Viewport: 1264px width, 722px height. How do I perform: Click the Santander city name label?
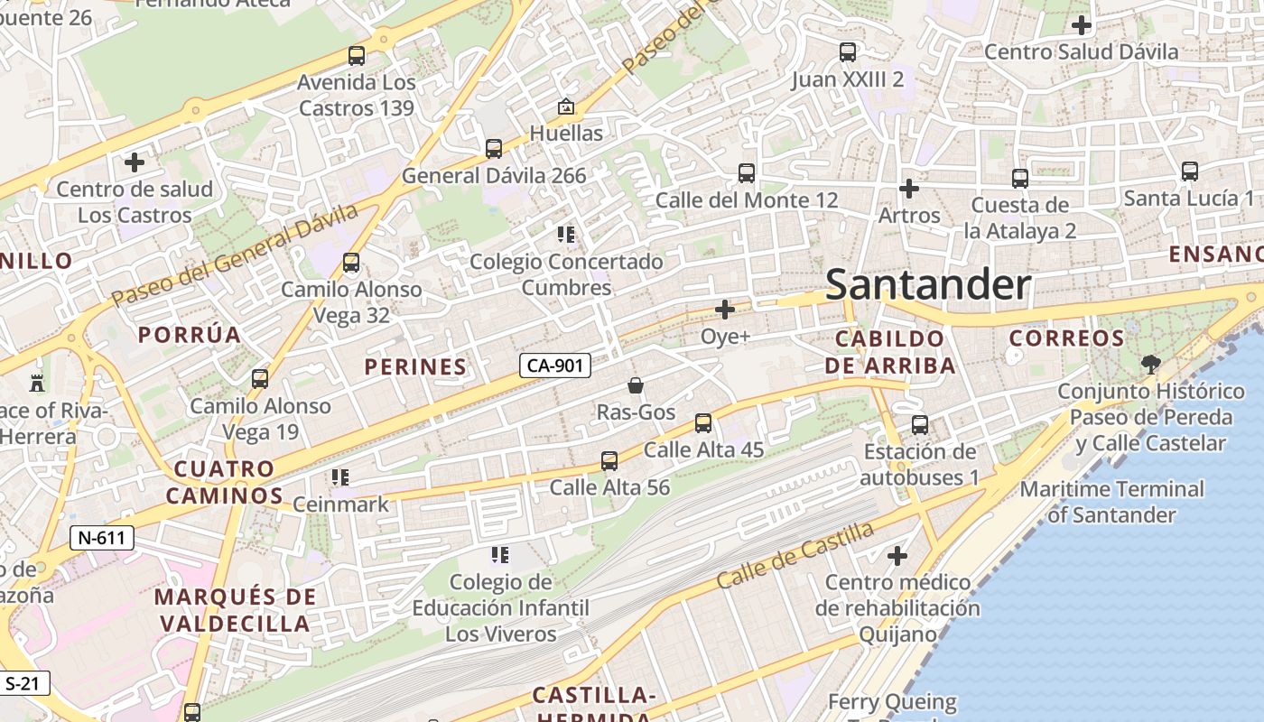927,285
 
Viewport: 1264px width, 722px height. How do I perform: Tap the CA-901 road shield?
555,366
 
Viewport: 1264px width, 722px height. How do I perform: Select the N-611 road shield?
101,539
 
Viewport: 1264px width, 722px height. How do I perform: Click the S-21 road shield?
23,683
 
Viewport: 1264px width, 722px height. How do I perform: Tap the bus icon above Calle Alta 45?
703,422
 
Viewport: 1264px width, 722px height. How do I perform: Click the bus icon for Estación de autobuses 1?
920,424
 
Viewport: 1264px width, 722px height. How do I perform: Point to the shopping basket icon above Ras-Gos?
636,385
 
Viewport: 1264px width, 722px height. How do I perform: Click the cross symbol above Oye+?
725,310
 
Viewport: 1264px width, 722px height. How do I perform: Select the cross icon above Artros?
909,189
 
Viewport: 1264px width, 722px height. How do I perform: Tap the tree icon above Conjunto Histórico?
1150,365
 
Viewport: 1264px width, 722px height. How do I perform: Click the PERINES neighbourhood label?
415,366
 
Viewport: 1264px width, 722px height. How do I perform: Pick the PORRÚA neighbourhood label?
190,335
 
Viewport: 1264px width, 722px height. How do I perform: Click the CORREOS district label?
1066,338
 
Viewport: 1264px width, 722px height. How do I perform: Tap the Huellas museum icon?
566,106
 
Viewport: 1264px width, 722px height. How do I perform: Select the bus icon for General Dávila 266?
494,149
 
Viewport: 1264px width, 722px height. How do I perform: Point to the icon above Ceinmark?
340,477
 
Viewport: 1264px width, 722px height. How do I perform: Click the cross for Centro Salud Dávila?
1081,25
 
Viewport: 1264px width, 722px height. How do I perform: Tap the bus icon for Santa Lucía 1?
1189,171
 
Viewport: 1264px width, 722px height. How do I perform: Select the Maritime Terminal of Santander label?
1111,502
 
